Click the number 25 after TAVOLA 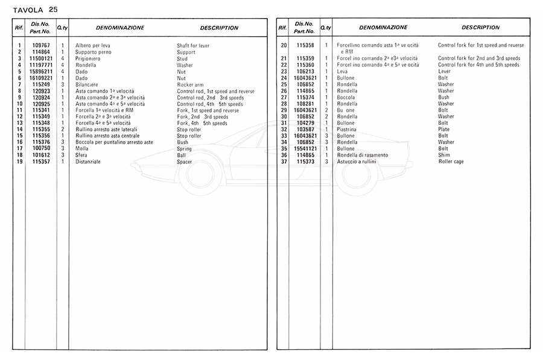[x=54, y=9]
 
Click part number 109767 [x=41, y=46]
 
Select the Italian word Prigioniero [x=89, y=58]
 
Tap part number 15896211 [x=41, y=71]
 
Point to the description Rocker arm [x=191, y=84]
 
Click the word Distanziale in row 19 [x=88, y=162]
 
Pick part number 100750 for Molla [x=41, y=149]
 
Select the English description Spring [x=184, y=149]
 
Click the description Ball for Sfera [x=181, y=155]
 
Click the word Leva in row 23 [x=343, y=71]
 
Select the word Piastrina [x=348, y=129]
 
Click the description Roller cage [x=451, y=162]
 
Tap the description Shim [x=443, y=155]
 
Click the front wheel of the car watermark [x=200, y=172]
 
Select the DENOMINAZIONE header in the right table [x=383, y=28]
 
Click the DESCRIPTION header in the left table [x=219, y=28]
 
